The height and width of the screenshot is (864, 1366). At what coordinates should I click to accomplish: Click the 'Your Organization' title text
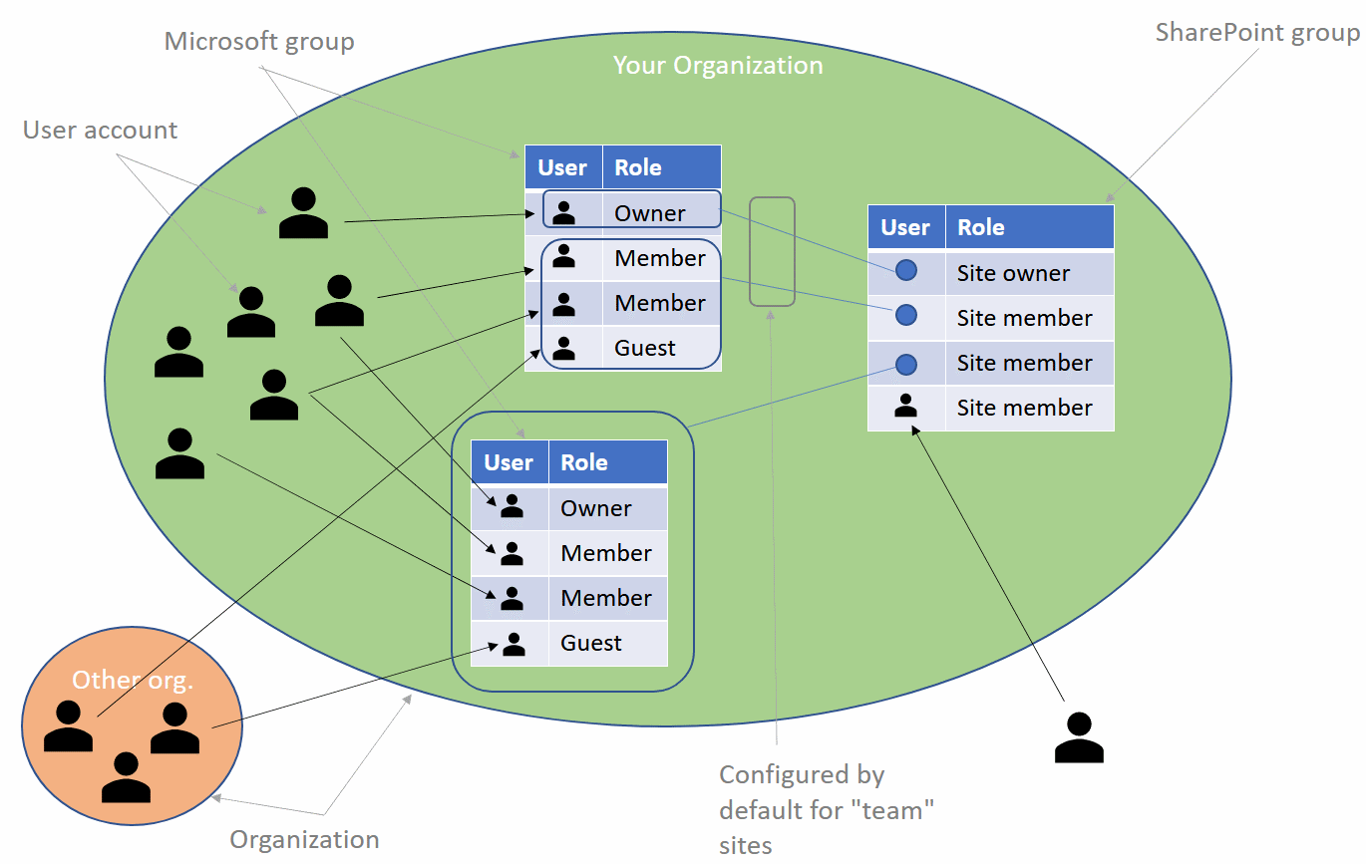(x=718, y=66)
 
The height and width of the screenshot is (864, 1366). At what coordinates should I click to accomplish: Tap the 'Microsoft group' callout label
(x=259, y=42)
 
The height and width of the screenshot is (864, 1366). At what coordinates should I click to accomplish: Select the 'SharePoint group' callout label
(x=1257, y=33)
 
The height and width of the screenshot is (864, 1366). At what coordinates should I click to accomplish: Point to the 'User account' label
(x=100, y=131)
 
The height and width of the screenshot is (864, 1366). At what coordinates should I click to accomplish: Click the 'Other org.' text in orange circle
(x=133, y=681)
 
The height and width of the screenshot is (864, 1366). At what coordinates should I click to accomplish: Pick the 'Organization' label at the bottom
(x=304, y=839)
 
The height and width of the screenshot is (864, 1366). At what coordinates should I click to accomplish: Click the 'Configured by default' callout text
(x=827, y=809)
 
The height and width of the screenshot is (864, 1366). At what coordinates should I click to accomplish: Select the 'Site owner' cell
(x=1013, y=273)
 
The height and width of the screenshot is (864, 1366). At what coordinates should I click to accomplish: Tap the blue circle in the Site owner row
(x=906, y=270)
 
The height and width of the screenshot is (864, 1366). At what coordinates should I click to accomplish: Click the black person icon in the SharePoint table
(x=906, y=406)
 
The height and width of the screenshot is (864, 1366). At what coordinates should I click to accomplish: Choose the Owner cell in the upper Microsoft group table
(x=650, y=213)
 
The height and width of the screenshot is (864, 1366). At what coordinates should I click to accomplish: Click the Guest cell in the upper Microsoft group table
(x=645, y=348)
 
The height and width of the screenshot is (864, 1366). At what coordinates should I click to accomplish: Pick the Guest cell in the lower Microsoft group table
(x=591, y=643)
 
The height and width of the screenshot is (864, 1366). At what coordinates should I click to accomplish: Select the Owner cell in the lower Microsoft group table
(x=596, y=508)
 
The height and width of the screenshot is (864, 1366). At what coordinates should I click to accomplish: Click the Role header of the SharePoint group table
(x=981, y=227)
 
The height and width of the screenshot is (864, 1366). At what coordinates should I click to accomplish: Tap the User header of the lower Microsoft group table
(x=509, y=462)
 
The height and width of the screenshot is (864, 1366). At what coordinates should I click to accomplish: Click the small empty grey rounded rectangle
(x=772, y=251)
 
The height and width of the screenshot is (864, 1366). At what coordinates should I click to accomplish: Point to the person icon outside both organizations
(x=1079, y=738)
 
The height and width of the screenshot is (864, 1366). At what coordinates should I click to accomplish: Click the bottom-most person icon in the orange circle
(x=127, y=778)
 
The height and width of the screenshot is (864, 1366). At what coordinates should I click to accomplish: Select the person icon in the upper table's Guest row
(x=563, y=348)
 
